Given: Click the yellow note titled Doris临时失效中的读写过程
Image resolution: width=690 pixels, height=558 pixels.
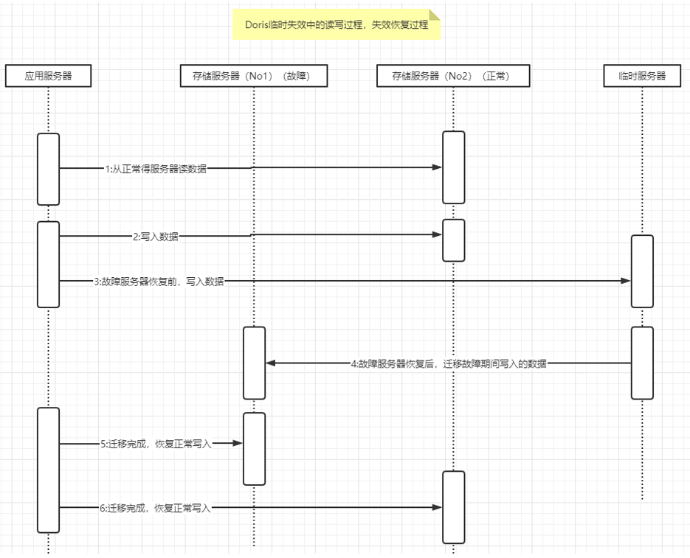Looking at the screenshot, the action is pos(337,24).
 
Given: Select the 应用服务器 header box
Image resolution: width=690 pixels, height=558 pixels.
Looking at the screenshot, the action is pos(49,76).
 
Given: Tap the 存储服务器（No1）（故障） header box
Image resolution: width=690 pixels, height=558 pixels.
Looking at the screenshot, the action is pos(254,76).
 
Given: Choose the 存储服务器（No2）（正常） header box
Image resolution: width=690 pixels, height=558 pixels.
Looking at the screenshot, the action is pos(453,76).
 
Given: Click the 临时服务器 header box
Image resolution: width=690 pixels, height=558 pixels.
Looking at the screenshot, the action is pos(642,76).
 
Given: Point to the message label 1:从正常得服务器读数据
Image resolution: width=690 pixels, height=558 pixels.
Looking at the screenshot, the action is pos(156,169).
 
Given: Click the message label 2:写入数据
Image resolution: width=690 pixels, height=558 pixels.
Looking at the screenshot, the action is pos(156,237).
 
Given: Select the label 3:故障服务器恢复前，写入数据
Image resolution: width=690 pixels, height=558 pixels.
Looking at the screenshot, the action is pos(159,282).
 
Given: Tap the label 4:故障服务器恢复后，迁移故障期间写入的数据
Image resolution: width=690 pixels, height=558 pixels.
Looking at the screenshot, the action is pos(449,363).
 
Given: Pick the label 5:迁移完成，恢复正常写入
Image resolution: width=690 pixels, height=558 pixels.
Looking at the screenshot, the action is pos(156,444).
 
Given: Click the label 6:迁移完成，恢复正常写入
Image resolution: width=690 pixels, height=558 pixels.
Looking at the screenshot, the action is pos(155,509).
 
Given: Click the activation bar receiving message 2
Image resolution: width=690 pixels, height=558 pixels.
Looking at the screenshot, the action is pos(454,240).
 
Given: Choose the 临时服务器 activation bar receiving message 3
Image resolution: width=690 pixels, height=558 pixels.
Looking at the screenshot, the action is pos(642,271).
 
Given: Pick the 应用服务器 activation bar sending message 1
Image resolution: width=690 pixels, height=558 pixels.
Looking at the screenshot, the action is pos(49,170).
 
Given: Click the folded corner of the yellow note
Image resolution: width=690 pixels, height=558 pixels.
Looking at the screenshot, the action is pos(435,15).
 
